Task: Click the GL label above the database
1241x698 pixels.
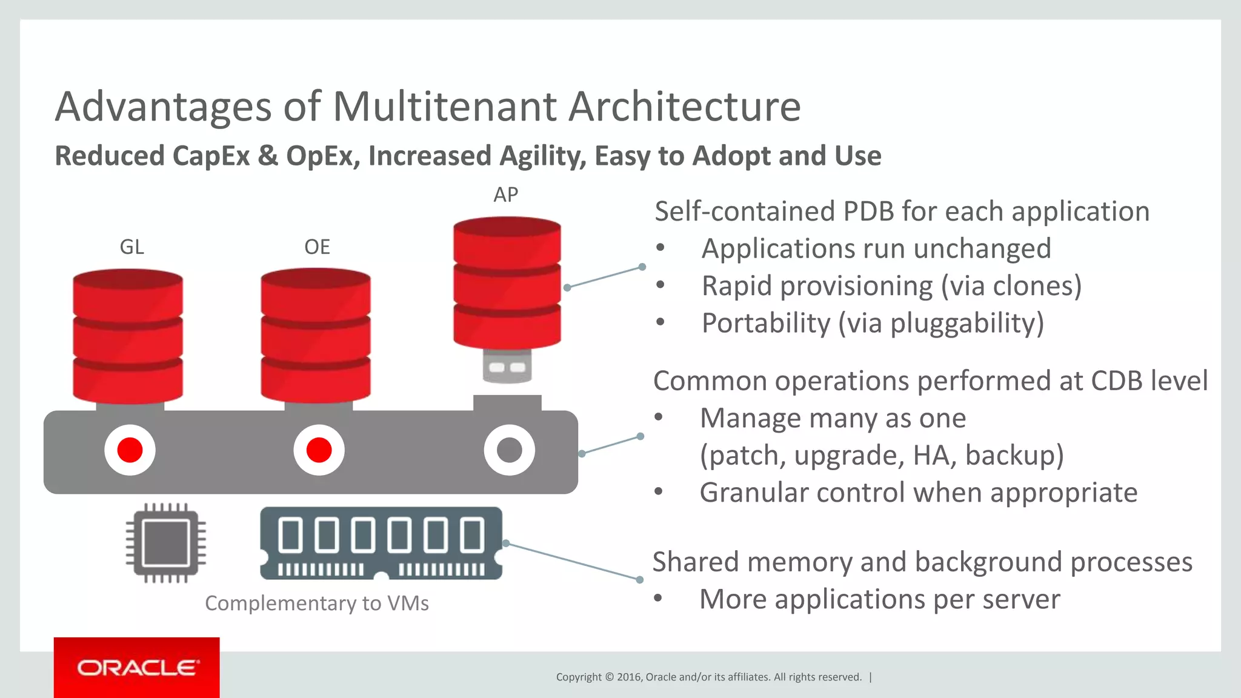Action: (131, 247)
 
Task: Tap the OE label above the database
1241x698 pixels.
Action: (317, 247)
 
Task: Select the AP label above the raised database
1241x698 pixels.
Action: (505, 195)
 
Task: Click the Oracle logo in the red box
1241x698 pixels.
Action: (137, 668)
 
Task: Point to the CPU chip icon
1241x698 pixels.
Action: (165, 543)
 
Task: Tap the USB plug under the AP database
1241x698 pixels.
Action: (507, 366)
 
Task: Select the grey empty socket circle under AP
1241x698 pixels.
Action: (509, 450)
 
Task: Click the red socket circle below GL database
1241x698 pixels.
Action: (130, 450)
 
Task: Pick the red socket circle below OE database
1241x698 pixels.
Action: (319, 450)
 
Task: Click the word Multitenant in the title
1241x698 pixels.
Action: (445, 107)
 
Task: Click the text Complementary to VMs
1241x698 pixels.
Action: (316, 603)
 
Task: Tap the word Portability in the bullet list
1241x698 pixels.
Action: (765, 323)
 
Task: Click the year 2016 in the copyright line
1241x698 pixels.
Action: (630, 677)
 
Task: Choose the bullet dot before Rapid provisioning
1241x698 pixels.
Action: (660, 285)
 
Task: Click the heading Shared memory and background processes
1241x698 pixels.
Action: (922, 562)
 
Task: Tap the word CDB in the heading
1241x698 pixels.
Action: (1116, 381)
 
